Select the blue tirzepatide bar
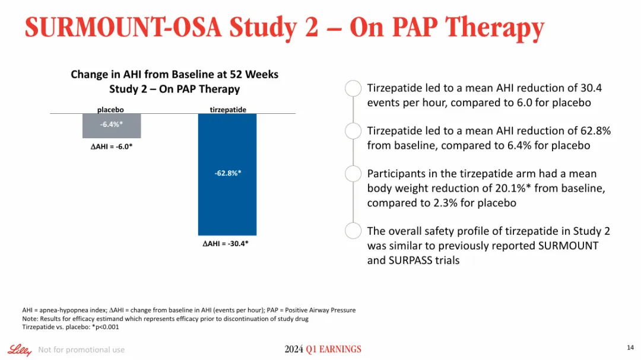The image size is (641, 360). (x=227, y=202)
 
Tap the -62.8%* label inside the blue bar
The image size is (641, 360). (x=227, y=173)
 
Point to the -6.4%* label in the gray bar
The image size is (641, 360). (x=112, y=125)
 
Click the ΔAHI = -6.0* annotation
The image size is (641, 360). (x=107, y=147)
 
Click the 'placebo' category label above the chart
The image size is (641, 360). (x=110, y=110)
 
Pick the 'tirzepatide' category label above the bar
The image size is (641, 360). (x=228, y=110)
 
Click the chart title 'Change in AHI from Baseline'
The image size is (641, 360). (x=174, y=75)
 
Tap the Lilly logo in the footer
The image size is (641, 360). (x=20, y=350)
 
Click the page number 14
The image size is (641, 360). (x=630, y=347)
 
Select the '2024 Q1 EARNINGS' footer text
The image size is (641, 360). (x=322, y=349)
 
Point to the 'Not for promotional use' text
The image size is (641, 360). (x=81, y=350)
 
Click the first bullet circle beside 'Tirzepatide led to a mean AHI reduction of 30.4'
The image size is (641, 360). (x=353, y=88)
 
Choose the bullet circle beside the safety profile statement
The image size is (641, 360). (x=353, y=231)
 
